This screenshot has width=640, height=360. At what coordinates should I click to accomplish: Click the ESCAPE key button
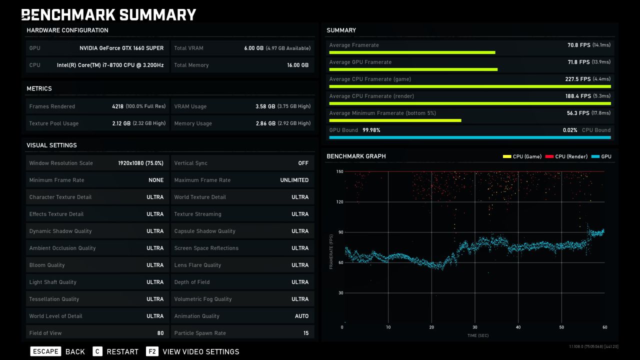45,351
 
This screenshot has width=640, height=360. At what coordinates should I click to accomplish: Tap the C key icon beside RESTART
97,351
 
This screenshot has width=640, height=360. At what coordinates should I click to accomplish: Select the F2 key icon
152,351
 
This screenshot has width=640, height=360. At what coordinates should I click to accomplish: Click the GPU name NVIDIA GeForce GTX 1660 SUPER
121,48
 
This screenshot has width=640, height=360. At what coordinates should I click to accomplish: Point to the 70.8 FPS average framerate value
579,45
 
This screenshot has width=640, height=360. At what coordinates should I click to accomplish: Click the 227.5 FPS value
577,79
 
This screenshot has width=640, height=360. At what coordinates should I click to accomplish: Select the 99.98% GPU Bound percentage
371,130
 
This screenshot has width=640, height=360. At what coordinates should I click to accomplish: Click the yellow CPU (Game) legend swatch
507,156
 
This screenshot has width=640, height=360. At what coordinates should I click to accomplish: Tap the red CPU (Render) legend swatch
549,156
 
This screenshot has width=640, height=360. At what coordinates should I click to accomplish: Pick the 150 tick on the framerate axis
339,171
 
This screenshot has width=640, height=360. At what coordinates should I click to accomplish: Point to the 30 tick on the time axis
475,327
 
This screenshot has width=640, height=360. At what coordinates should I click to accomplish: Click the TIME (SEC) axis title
478,335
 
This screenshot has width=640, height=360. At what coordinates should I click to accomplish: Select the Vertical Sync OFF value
303,163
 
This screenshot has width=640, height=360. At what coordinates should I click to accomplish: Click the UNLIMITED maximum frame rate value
294,180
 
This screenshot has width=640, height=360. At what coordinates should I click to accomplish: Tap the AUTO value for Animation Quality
301,316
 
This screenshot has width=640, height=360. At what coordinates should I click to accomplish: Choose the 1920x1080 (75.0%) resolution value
141,163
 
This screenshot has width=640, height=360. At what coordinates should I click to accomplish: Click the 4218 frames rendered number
117,106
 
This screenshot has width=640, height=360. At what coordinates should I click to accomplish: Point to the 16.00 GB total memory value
297,65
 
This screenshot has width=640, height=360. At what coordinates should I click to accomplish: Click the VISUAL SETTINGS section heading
51,145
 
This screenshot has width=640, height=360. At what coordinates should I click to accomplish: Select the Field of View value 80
160,333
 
